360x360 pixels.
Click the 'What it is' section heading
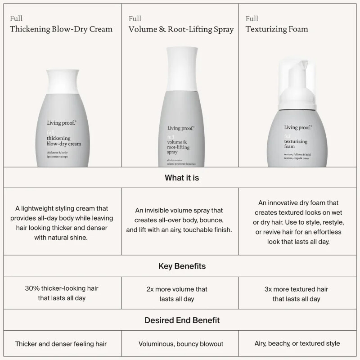[182, 178]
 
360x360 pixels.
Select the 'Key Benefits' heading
[182, 266]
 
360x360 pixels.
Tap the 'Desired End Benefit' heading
[182, 320]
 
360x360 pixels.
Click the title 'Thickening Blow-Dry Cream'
[61, 29]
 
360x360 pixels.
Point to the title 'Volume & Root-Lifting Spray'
[181, 29]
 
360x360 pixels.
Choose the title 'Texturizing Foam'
[277, 29]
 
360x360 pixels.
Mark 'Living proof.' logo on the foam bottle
[298, 128]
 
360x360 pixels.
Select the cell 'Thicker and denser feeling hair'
[61, 344]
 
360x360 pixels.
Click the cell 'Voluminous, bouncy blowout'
[182, 344]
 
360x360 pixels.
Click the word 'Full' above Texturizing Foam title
[252, 18]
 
